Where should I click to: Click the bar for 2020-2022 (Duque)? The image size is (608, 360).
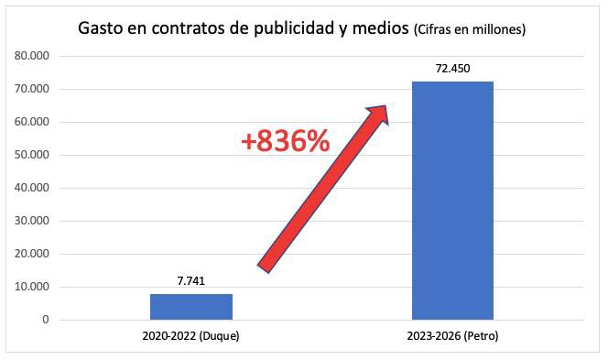(191, 307)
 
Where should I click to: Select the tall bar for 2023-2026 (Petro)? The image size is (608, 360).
(452, 201)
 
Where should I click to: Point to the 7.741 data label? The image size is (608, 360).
(191, 281)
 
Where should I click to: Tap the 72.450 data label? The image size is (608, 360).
(452, 69)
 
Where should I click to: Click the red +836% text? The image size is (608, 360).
(285, 142)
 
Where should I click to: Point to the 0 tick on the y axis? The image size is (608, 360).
(43, 320)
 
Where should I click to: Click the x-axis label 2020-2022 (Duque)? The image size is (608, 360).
(191, 336)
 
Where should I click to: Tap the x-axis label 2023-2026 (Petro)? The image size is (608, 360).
(452, 336)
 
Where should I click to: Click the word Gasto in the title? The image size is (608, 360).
(101, 30)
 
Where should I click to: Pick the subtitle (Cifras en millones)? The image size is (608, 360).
(471, 31)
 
